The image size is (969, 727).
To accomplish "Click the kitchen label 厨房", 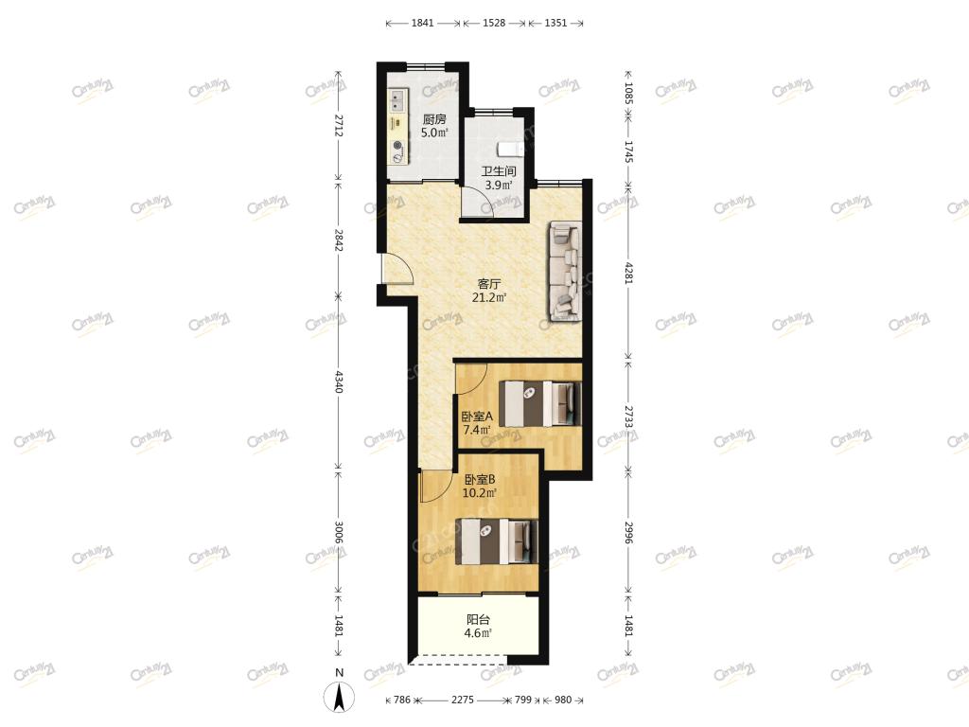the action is pyautogui.click(x=433, y=119).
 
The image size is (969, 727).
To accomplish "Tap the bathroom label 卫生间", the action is pyautogui.click(x=499, y=171).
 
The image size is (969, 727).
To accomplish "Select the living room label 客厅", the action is pyautogui.click(x=489, y=284).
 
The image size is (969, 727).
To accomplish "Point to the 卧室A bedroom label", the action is pyautogui.click(x=477, y=417).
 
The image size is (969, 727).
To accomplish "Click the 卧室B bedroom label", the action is pyautogui.click(x=480, y=479).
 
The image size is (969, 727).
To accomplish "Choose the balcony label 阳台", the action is pyautogui.click(x=478, y=619).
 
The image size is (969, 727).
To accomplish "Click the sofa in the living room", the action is pyautogui.click(x=565, y=272).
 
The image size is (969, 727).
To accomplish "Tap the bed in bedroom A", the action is pyautogui.click(x=540, y=403).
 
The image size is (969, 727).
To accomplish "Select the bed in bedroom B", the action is pyautogui.click(x=497, y=541).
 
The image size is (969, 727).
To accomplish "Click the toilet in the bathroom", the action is pyautogui.click(x=508, y=149).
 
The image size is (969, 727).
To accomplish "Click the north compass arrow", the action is pyautogui.click(x=340, y=697).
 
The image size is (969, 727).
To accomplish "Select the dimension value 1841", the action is pyautogui.click(x=423, y=23).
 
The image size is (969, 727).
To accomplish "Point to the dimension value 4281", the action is pyautogui.click(x=628, y=272).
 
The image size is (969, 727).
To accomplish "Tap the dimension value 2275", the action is pyautogui.click(x=462, y=700).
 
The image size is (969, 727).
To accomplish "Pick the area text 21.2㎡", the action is pyautogui.click(x=489, y=297).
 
